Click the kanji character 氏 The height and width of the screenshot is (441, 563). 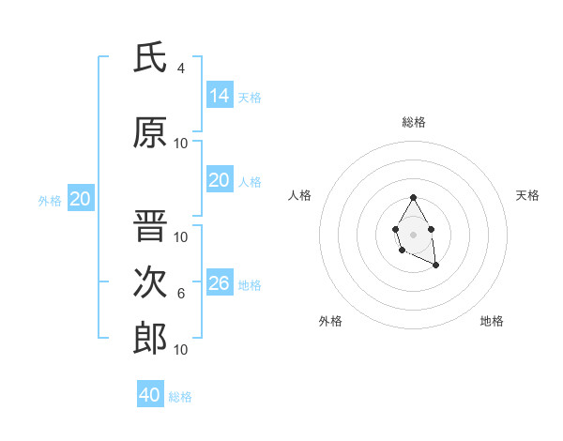(x=150, y=58)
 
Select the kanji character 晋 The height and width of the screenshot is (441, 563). (x=150, y=227)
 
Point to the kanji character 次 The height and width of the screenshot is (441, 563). (x=150, y=282)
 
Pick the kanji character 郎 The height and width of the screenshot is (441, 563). (x=150, y=338)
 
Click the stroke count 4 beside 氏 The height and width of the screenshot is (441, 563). (x=181, y=68)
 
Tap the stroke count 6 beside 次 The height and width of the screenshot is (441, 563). (x=181, y=294)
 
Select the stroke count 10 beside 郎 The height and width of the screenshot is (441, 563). (x=181, y=349)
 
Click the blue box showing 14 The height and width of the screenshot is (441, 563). (x=219, y=95)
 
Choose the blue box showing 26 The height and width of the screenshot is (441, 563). (x=219, y=283)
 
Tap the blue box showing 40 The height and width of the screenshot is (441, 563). (x=150, y=395)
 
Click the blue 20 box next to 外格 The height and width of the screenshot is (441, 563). (x=80, y=199)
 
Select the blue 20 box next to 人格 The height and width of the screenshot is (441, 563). (x=219, y=180)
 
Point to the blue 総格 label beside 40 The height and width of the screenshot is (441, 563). (x=180, y=397)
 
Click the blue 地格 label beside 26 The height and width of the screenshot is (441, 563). (x=250, y=285)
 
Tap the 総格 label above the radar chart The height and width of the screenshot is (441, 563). (x=414, y=122)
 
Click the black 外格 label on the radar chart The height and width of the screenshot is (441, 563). (x=330, y=321)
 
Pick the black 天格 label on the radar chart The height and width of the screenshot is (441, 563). (x=527, y=195)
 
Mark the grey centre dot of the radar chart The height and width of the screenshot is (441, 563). (x=413, y=233)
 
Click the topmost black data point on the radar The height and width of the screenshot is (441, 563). (x=413, y=197)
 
